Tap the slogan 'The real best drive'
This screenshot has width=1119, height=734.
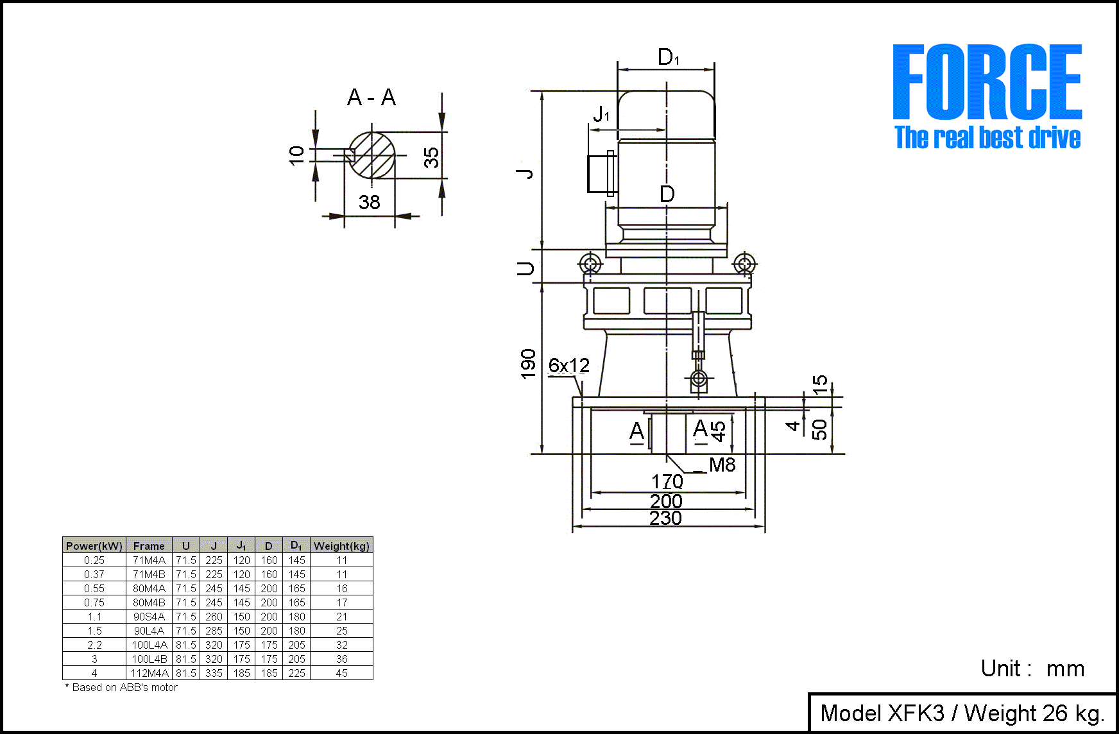pos(987,138)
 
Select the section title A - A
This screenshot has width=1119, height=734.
pos(372,98)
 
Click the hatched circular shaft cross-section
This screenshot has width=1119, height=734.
pos(372,155)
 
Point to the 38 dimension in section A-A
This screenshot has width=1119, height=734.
pos(370,203)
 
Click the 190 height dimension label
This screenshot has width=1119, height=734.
pos(528,364)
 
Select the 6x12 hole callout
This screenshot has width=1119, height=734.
pos(568,366)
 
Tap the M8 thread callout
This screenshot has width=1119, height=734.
pos(722,465)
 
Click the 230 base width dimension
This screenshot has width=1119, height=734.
pos(665,518)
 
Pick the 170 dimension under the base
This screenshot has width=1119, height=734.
pos(667,481)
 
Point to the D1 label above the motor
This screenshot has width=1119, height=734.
pos(668,58)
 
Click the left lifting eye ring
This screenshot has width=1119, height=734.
pos(590,263)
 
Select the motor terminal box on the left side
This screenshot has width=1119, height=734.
pos(602,173)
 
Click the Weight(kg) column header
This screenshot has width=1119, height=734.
pos(341,546)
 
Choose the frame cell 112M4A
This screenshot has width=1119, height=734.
pos(149,673)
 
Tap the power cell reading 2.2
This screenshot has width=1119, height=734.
pos(94,645)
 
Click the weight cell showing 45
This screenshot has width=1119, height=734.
pos(341,673)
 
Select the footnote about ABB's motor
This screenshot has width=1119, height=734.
pos(121,688)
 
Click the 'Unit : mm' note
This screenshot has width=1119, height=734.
pos(1032,669)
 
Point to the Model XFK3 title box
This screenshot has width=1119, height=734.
pos(962,713)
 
